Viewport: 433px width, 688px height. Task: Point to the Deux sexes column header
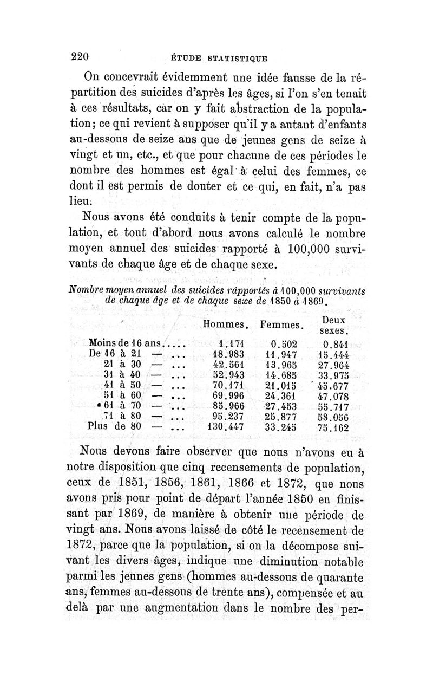333,325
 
